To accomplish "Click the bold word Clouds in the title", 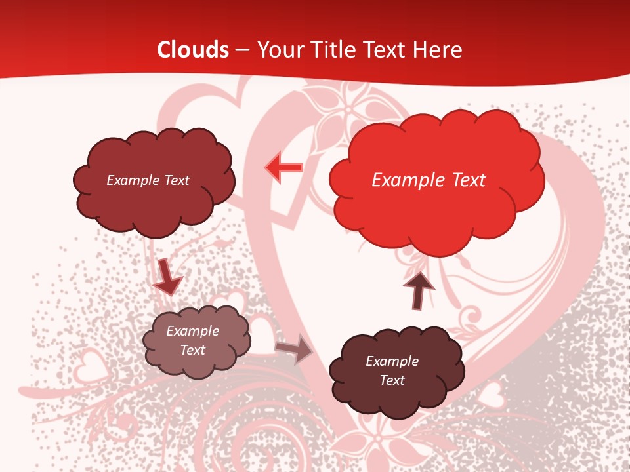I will click(193, 50).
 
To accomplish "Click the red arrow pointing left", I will click(283, 167).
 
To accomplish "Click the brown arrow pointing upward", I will click(418, 290).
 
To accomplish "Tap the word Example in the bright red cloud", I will click(403, 180).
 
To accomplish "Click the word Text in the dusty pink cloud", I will click(193, 350).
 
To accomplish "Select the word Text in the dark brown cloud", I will click(392, 380).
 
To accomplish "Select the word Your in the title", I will click(278, 50).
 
